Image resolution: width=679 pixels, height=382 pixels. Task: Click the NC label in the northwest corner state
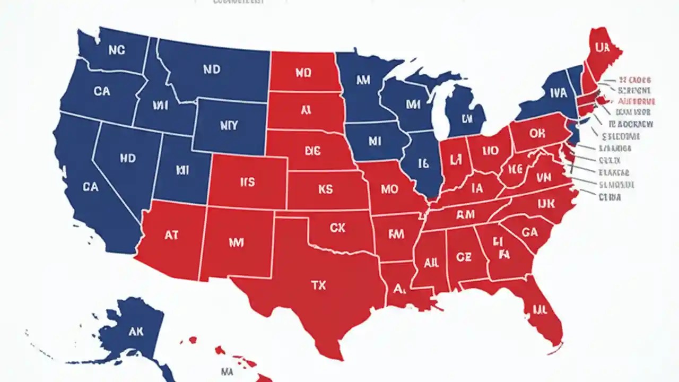coord(116,50)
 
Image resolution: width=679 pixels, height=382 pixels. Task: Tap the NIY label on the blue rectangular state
coord(228,126)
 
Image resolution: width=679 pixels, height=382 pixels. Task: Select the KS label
coord(325,189)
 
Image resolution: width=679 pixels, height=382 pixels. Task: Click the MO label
coord(388,189)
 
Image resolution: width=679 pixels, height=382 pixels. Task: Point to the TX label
coord(318,285)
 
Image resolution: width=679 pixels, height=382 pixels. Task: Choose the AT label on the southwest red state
coord(171,235)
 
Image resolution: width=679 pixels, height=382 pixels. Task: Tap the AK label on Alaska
coord(136,332)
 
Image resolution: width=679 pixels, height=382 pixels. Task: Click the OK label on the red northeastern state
coord(537,134)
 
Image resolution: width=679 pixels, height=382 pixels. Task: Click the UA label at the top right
coord(602,48)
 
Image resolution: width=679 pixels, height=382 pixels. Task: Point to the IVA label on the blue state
coord(558,93)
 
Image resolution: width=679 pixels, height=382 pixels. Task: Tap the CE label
coord(463,257)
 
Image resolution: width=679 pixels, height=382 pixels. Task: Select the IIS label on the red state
coord(247,183)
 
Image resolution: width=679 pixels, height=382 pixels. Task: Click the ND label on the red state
coord(302,74)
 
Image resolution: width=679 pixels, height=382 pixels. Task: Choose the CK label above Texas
coord(337,228)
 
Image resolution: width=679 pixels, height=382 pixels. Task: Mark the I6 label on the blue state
coord(423,163)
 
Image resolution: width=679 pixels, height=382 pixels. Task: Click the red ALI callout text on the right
coord(637,101)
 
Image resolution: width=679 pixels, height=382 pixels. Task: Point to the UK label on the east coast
coord(545,204)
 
